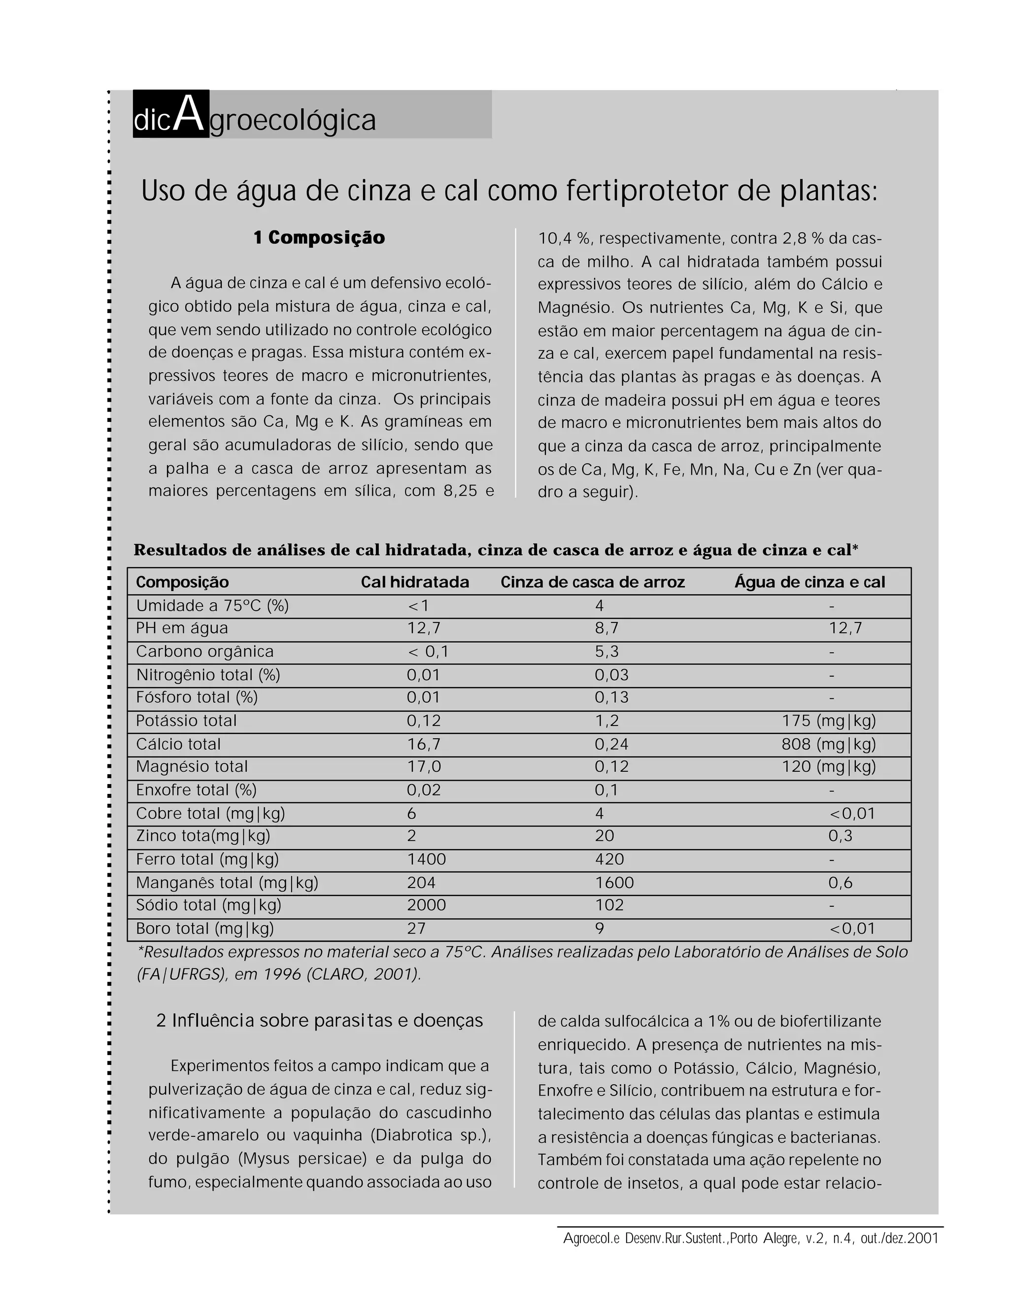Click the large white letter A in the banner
[x=190, y=115]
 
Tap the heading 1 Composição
[x=319, y=238]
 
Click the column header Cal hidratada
[x=415, y=582]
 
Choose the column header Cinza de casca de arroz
[x=592, y=582]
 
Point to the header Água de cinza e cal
[x=809, y=582]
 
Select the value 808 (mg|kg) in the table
[x=829, y=745]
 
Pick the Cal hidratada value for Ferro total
[x=426, y=859]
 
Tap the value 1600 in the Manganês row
[x=614, y=883]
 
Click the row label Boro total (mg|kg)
[x=205, y=928]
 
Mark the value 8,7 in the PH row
[x=606, y=628]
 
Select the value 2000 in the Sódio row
[x=426, y=905]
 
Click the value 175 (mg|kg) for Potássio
[x=829, y=721]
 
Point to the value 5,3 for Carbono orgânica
[x=606, y=652]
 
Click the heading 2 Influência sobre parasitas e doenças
[x=319, y=1021]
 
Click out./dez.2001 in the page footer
[x=899, y=1238]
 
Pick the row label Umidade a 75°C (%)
[x=212, y=606]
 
